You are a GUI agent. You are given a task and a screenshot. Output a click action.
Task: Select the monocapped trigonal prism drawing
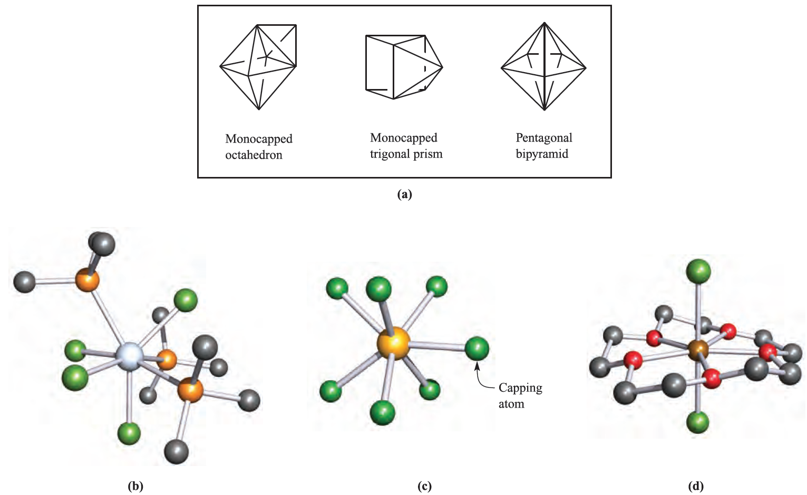[403, 67]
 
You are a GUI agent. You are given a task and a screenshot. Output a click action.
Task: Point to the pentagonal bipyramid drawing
[543, 67]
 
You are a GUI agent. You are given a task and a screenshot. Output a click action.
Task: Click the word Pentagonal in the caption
[543, 138]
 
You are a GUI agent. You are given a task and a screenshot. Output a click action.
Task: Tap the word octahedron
[254, 155]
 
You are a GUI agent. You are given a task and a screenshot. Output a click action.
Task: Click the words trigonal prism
[406, 154]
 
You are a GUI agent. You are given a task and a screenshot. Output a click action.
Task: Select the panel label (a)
[404, 194]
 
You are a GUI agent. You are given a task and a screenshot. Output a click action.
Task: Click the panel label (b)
[135, 486]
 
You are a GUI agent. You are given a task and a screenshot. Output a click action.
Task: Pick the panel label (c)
[424, 486]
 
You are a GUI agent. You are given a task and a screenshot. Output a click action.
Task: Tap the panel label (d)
[696, 486]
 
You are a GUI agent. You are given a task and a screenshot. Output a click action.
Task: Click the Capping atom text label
[520, 395]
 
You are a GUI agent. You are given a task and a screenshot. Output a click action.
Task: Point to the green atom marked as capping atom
[477, 349]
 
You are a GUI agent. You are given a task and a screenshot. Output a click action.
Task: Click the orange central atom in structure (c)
[393, 343]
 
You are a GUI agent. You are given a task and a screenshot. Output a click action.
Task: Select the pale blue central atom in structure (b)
[130, 357]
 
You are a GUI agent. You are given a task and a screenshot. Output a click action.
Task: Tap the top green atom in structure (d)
[698, 272]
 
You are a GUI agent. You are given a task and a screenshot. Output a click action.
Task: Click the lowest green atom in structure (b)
[129, 433]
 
